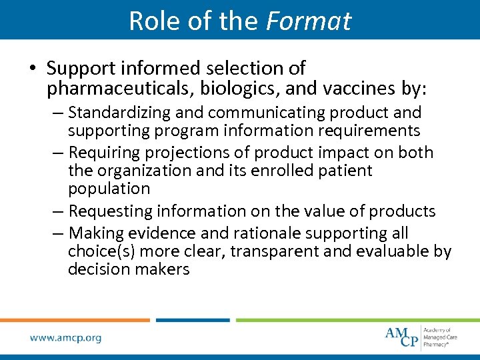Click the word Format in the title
(308, 21)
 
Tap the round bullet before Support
(33, 69)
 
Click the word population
(109, 189)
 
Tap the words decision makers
(129, 269)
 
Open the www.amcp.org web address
(65, 338)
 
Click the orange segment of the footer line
(75, 320)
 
